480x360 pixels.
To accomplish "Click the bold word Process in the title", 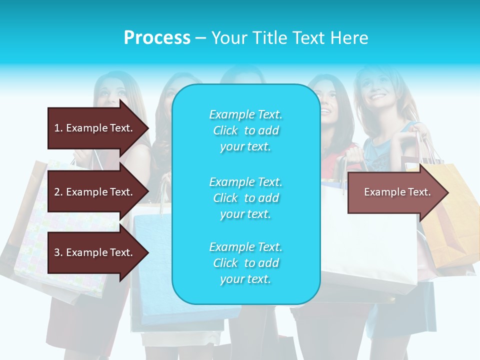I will [157, 38].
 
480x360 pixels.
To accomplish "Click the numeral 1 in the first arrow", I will [56, 128].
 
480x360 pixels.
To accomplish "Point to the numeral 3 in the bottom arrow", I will [56, 252].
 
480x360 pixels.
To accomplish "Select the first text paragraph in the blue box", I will [245, 130].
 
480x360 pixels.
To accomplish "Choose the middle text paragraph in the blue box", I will [245, 198].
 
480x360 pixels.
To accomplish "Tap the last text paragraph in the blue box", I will [245, 263].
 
